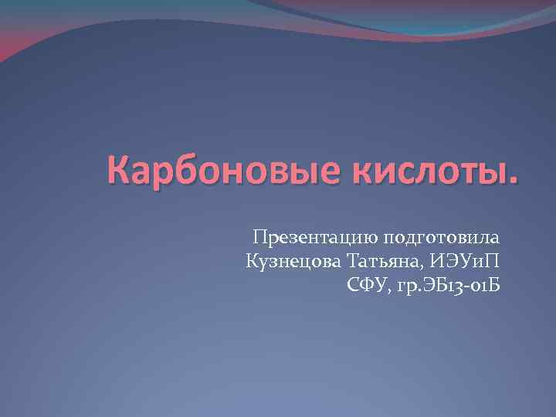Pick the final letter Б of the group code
coord(495,287)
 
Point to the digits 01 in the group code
coord(478,287)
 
